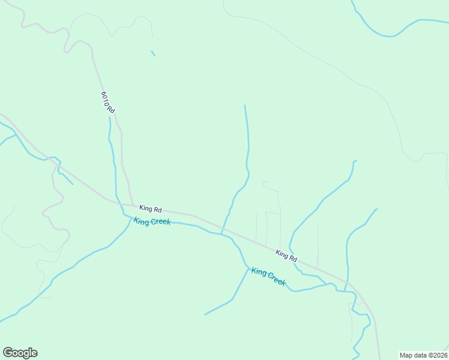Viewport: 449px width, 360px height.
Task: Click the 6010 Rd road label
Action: tap(108, 103)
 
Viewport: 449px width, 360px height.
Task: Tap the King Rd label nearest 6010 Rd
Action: tap(151, 209)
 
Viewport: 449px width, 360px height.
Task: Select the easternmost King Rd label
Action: tap(286, 255)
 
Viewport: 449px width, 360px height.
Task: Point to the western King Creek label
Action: tap(152, 221)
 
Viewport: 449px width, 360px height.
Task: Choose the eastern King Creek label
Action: tap(268, 277)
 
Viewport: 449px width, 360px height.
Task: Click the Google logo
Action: tap(20, 353)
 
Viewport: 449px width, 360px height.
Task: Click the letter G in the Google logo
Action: tap(8, 353)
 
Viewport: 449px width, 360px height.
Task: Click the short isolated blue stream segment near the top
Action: tap(153, 53)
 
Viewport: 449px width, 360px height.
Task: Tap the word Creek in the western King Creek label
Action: tap(160, 222)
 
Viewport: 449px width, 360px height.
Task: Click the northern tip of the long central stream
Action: tap(244, 106)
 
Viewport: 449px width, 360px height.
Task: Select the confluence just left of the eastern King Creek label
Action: tap(248, 268)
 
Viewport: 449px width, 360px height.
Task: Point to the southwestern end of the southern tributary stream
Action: tap(205, 314)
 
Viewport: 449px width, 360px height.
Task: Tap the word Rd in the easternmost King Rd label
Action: tap(292, 258)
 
